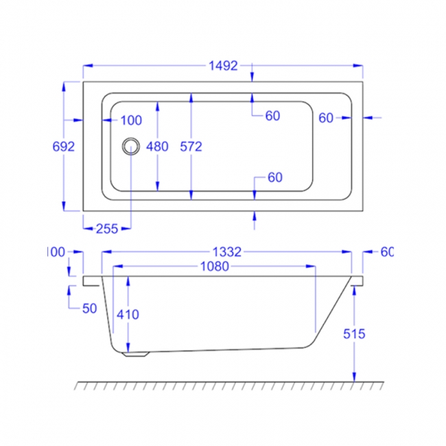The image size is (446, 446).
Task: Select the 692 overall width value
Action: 63,146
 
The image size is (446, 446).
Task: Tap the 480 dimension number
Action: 157,146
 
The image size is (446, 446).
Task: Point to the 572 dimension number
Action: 190,146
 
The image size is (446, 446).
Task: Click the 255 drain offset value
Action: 106,228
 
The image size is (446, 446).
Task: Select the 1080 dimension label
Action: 214,267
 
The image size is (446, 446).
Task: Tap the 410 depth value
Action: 128,314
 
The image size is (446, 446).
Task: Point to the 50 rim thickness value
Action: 89,309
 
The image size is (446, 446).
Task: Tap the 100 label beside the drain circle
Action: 130,121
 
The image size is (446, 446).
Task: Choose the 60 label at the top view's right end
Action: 325,118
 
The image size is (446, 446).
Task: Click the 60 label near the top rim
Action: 272,116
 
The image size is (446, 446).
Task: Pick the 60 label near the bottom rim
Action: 274,178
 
